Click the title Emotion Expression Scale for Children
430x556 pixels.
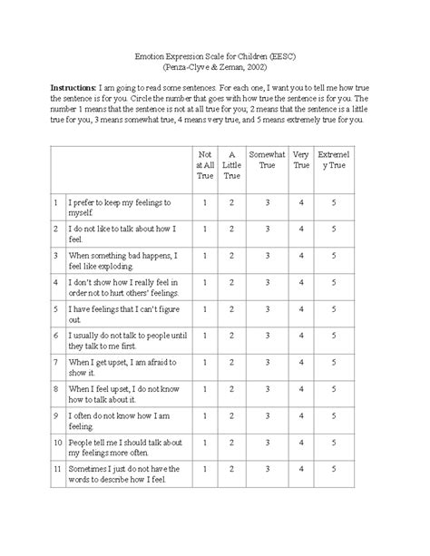(x=215, y=54)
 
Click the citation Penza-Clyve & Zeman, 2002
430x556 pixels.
(x=215, y=66)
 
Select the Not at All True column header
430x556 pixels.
(x=205, y=166)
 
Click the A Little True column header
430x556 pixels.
(x=232, y=166)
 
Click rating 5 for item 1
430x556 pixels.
(x=335, y=202)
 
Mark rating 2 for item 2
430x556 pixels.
(x=232, y=229)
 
